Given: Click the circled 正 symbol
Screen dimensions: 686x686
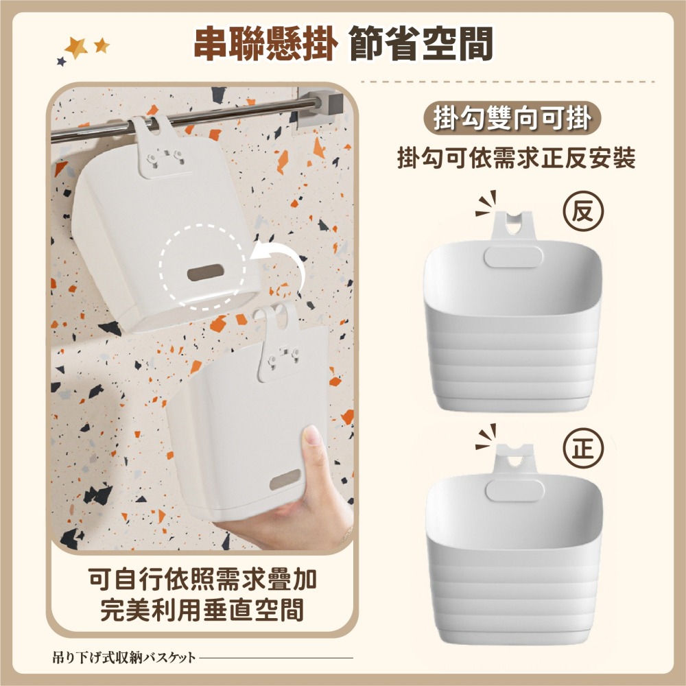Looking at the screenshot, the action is pos(583,449).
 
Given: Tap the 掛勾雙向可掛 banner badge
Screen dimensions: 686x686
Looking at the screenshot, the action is pos(512,118).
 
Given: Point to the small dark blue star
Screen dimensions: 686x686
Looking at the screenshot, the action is pos(62,61).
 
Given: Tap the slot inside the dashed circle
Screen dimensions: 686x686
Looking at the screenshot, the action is pos(206,272).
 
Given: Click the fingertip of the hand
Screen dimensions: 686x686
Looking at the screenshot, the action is pos(312,435).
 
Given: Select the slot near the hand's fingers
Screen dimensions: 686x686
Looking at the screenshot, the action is pos(285,480).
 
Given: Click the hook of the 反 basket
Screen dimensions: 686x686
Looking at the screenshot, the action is pos(514,226).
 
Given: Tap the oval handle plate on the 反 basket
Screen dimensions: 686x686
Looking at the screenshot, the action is pos(514,257).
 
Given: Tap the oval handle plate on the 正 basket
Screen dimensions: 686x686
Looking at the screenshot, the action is pos(515,490).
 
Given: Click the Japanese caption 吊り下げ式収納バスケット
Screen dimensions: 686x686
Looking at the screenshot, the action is pos(124,657).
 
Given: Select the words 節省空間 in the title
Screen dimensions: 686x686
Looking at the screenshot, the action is pos(421,43).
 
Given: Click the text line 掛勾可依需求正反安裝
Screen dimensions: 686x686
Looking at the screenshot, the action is pos(517,158).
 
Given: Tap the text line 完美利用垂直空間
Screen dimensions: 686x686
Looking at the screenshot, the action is pos(202,610).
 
